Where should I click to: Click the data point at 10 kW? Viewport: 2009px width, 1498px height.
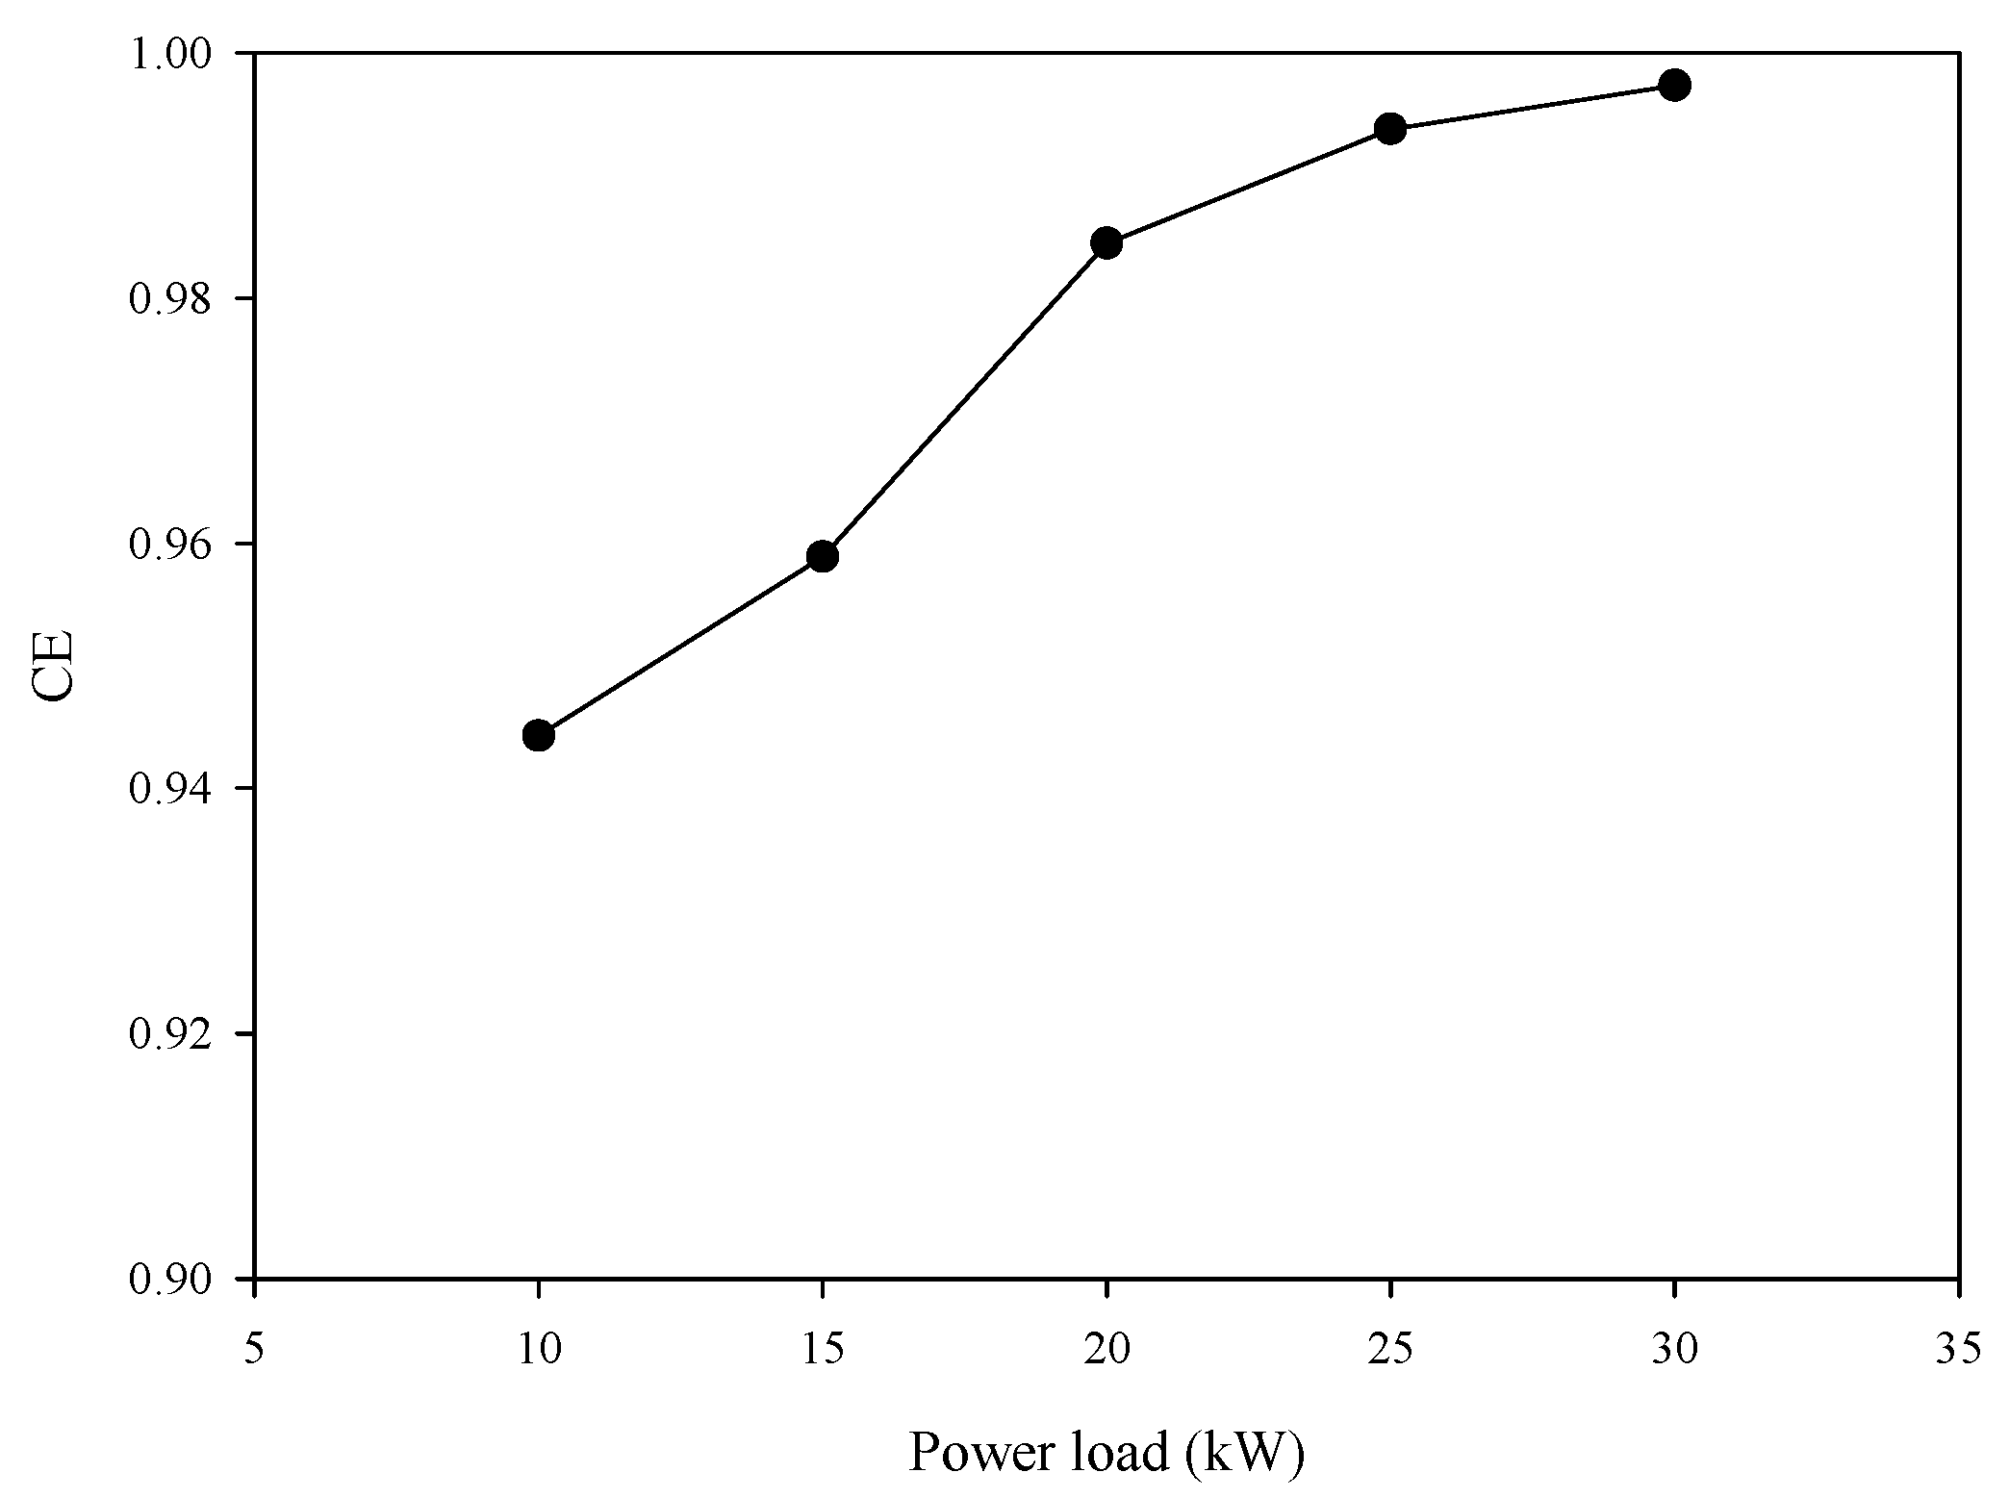[539, 736]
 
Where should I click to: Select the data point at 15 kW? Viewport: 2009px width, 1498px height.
[823, 556]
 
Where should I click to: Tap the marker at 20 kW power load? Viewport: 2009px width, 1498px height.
[1106, 243]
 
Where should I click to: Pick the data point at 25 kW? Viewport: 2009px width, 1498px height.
[1390, 128]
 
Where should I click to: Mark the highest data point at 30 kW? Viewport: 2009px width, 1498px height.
[1674, 86]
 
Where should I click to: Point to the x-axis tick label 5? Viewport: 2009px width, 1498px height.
[254, 1350]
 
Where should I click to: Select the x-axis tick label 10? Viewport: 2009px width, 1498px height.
[539, 1350]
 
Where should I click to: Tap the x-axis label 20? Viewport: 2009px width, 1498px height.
[1106, 1350]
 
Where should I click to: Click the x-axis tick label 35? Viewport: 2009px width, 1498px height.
[1957, 1350]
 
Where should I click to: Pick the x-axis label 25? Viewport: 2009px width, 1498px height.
[1390, 1350]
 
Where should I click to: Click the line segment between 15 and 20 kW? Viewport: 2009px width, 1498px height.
[964, 400]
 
